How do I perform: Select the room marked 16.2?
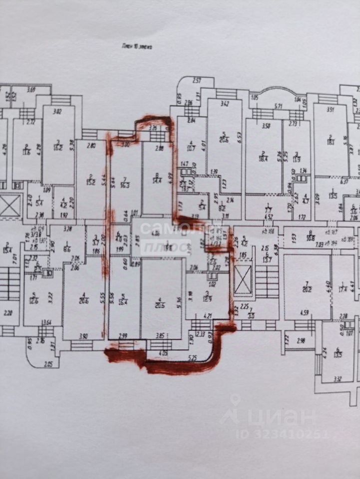[58, 148]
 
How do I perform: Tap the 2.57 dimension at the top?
[197, 80]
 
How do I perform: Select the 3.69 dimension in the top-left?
[31, 90]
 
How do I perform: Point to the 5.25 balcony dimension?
[193, 357]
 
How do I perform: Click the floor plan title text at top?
[136, 45]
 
